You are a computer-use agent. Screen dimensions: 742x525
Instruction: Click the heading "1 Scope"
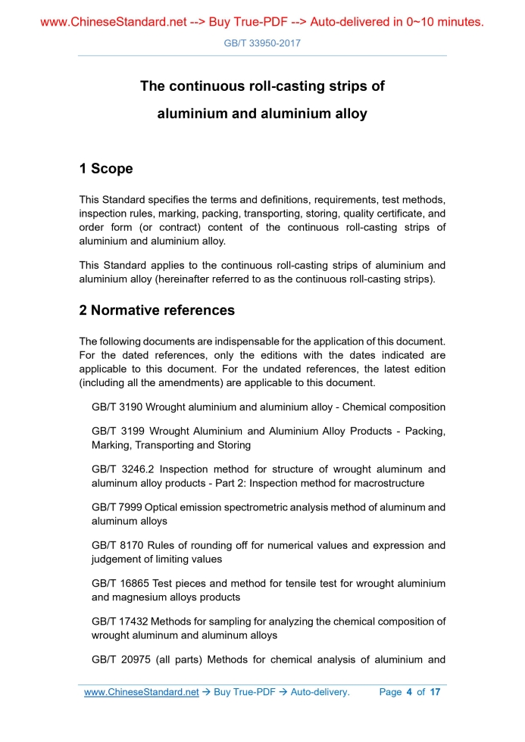(105, 169)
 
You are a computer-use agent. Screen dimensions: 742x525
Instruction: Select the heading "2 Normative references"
(157, 310)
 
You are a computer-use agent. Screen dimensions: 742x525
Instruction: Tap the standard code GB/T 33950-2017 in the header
(262, 43)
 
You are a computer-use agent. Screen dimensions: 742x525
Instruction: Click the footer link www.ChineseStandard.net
(141, 692)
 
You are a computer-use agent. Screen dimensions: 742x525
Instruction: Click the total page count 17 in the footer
(435, 692)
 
